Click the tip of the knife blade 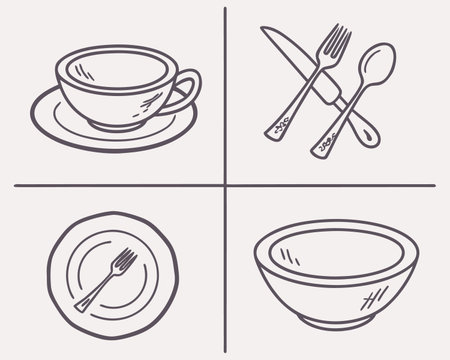click(x=265, y=31)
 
